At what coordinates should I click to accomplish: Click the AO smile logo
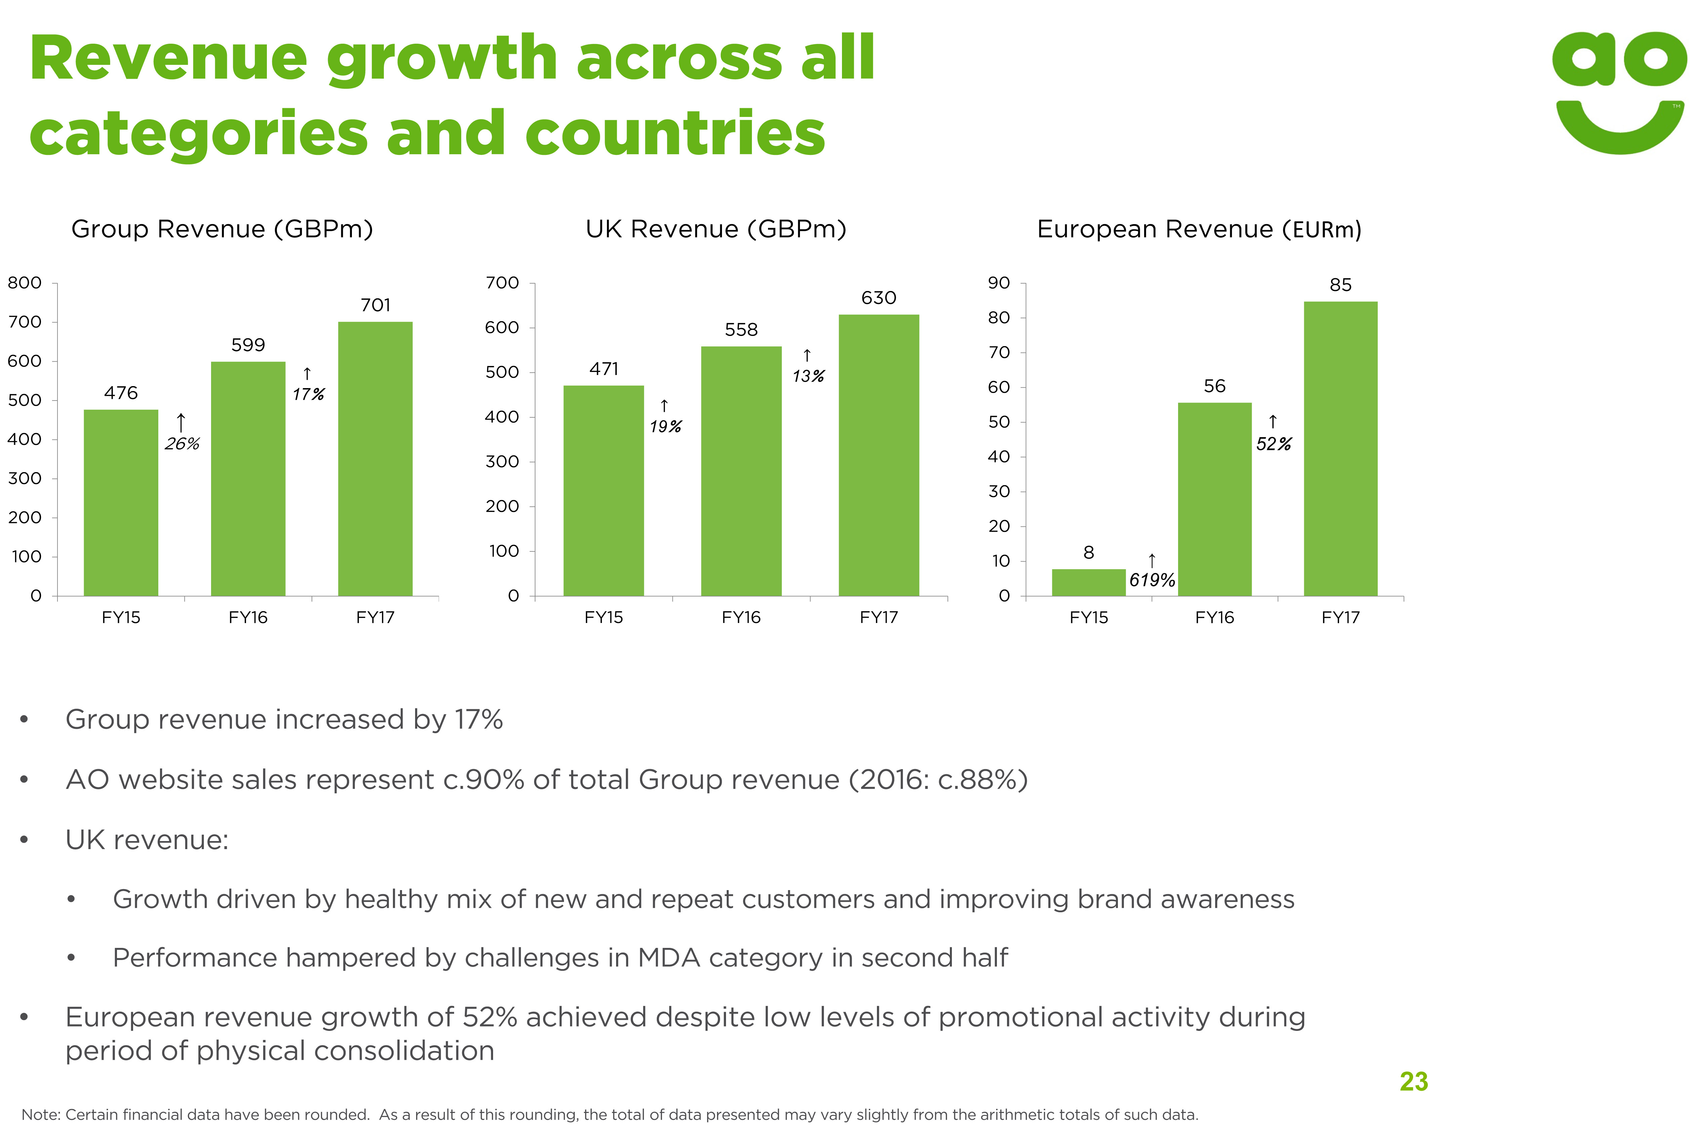point(1619,92)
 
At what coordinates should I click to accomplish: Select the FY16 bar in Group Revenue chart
point(248,478)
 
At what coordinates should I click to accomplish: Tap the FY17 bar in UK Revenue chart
point(878,455)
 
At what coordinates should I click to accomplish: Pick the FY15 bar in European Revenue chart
point(1088,582)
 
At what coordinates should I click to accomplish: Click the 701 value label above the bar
point(375,305)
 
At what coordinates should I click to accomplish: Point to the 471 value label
point(604,369)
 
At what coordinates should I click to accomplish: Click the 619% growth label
point(1152,580)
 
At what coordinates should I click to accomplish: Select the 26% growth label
point(182,444)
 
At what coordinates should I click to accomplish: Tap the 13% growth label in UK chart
point(808,376)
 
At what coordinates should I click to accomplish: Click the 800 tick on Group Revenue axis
point(25,283)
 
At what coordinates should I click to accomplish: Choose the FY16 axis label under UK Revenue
point(741,617)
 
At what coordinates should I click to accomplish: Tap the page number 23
point(1414,1081)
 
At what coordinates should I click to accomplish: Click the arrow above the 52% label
point(1273,422)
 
